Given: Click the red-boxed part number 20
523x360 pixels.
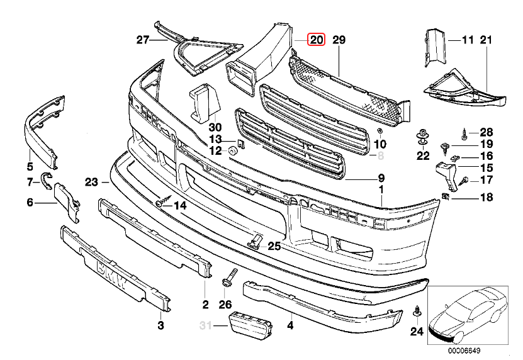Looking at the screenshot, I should click(315, 40).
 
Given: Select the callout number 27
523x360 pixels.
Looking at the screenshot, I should click(143, 40).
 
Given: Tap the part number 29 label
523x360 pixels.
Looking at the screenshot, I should click(339, 40).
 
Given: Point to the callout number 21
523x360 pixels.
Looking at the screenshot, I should click(485, 40).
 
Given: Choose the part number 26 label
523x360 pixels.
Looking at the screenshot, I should click(225, 305).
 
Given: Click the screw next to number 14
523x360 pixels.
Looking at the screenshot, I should click(162, 203).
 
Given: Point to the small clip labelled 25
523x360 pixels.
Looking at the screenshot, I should click(256, 241).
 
